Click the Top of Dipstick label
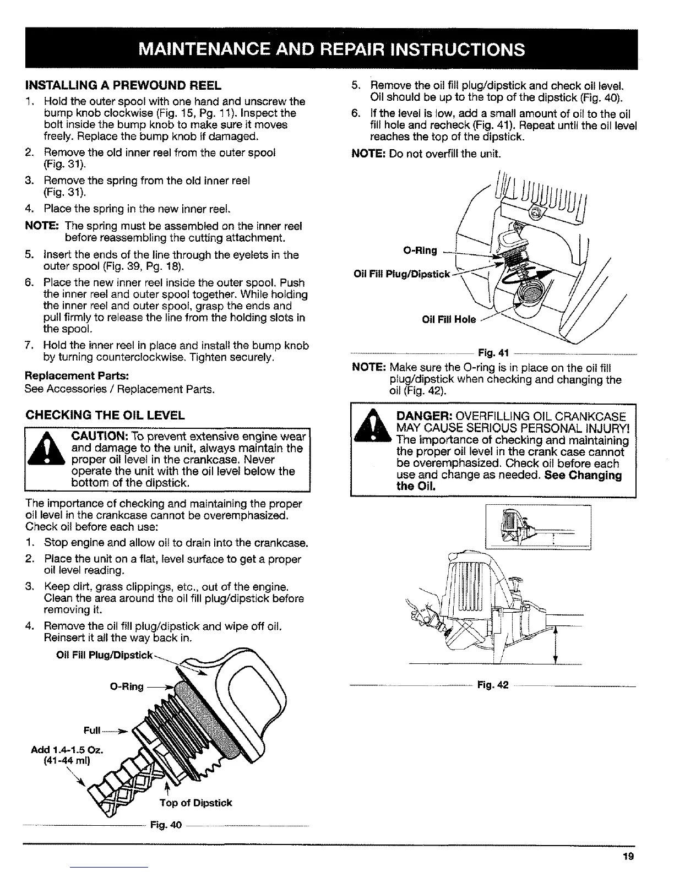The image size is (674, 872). coord(195,803)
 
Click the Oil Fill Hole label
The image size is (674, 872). coord(448,320)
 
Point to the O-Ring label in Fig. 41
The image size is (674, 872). coord(420,251)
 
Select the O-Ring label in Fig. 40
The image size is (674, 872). coord(127,686)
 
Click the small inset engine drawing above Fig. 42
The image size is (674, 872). coord(537,527)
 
